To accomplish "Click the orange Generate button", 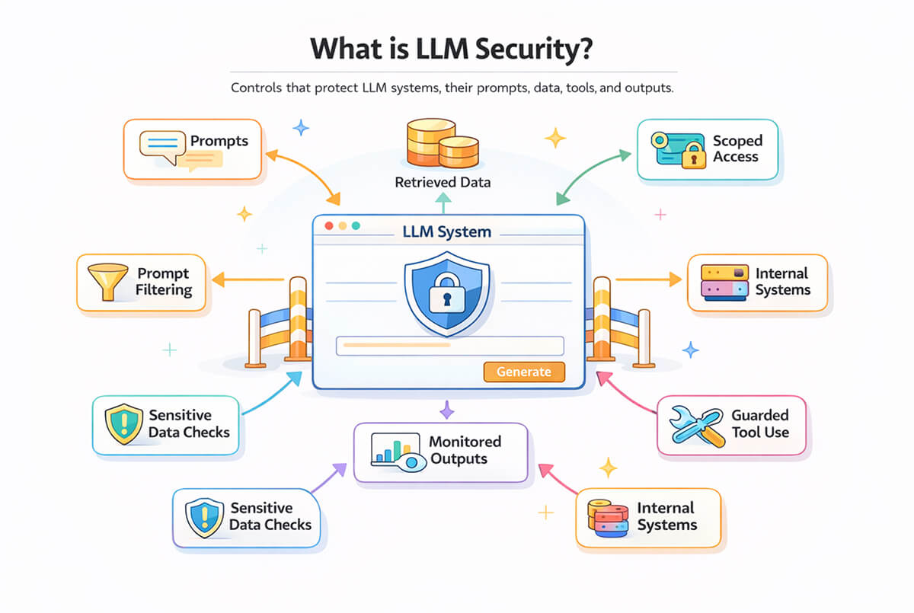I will click(x=524, y=372).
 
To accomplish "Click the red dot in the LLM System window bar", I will click(x=329, y=226).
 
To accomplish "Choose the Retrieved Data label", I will click(x=443, y=183).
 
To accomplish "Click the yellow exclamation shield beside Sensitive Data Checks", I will click(x=123, y=423).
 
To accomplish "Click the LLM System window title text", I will click(x=447, y=231).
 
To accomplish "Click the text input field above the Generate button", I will click(x=449, y=346).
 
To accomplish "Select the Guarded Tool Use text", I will click(x=760, y=424).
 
